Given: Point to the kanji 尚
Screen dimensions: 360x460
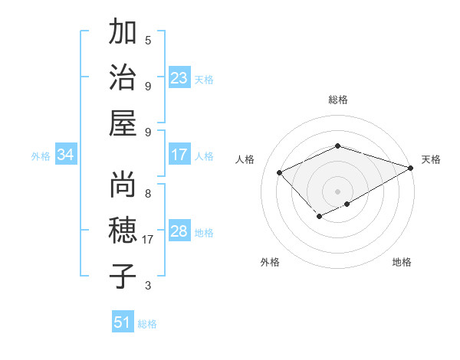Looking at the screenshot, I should coord(123,185).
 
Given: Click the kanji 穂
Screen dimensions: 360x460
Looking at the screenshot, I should coord(123,231).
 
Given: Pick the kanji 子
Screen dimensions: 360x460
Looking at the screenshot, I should coord(123,276).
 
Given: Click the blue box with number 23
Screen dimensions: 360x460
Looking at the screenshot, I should coord(179,77).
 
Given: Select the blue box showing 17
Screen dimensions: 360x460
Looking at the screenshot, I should coord(179,155).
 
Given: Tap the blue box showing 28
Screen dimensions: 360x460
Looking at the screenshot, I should coord(179,231).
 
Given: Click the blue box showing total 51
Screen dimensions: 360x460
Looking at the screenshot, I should coord(123,322).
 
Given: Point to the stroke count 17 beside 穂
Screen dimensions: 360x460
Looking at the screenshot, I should coord(149,240).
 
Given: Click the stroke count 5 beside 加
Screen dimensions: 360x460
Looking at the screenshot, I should coord(148,41).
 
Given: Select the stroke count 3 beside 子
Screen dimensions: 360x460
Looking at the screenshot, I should coord(148,286).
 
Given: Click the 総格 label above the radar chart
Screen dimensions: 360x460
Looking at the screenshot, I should coord(337,100).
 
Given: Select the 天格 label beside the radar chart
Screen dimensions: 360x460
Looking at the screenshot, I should coord(431,159).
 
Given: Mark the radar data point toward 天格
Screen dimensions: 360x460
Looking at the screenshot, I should coord(412,168).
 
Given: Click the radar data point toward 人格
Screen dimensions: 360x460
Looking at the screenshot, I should coord(280,172).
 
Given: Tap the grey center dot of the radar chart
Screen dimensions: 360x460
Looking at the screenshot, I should coord(337,191).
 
